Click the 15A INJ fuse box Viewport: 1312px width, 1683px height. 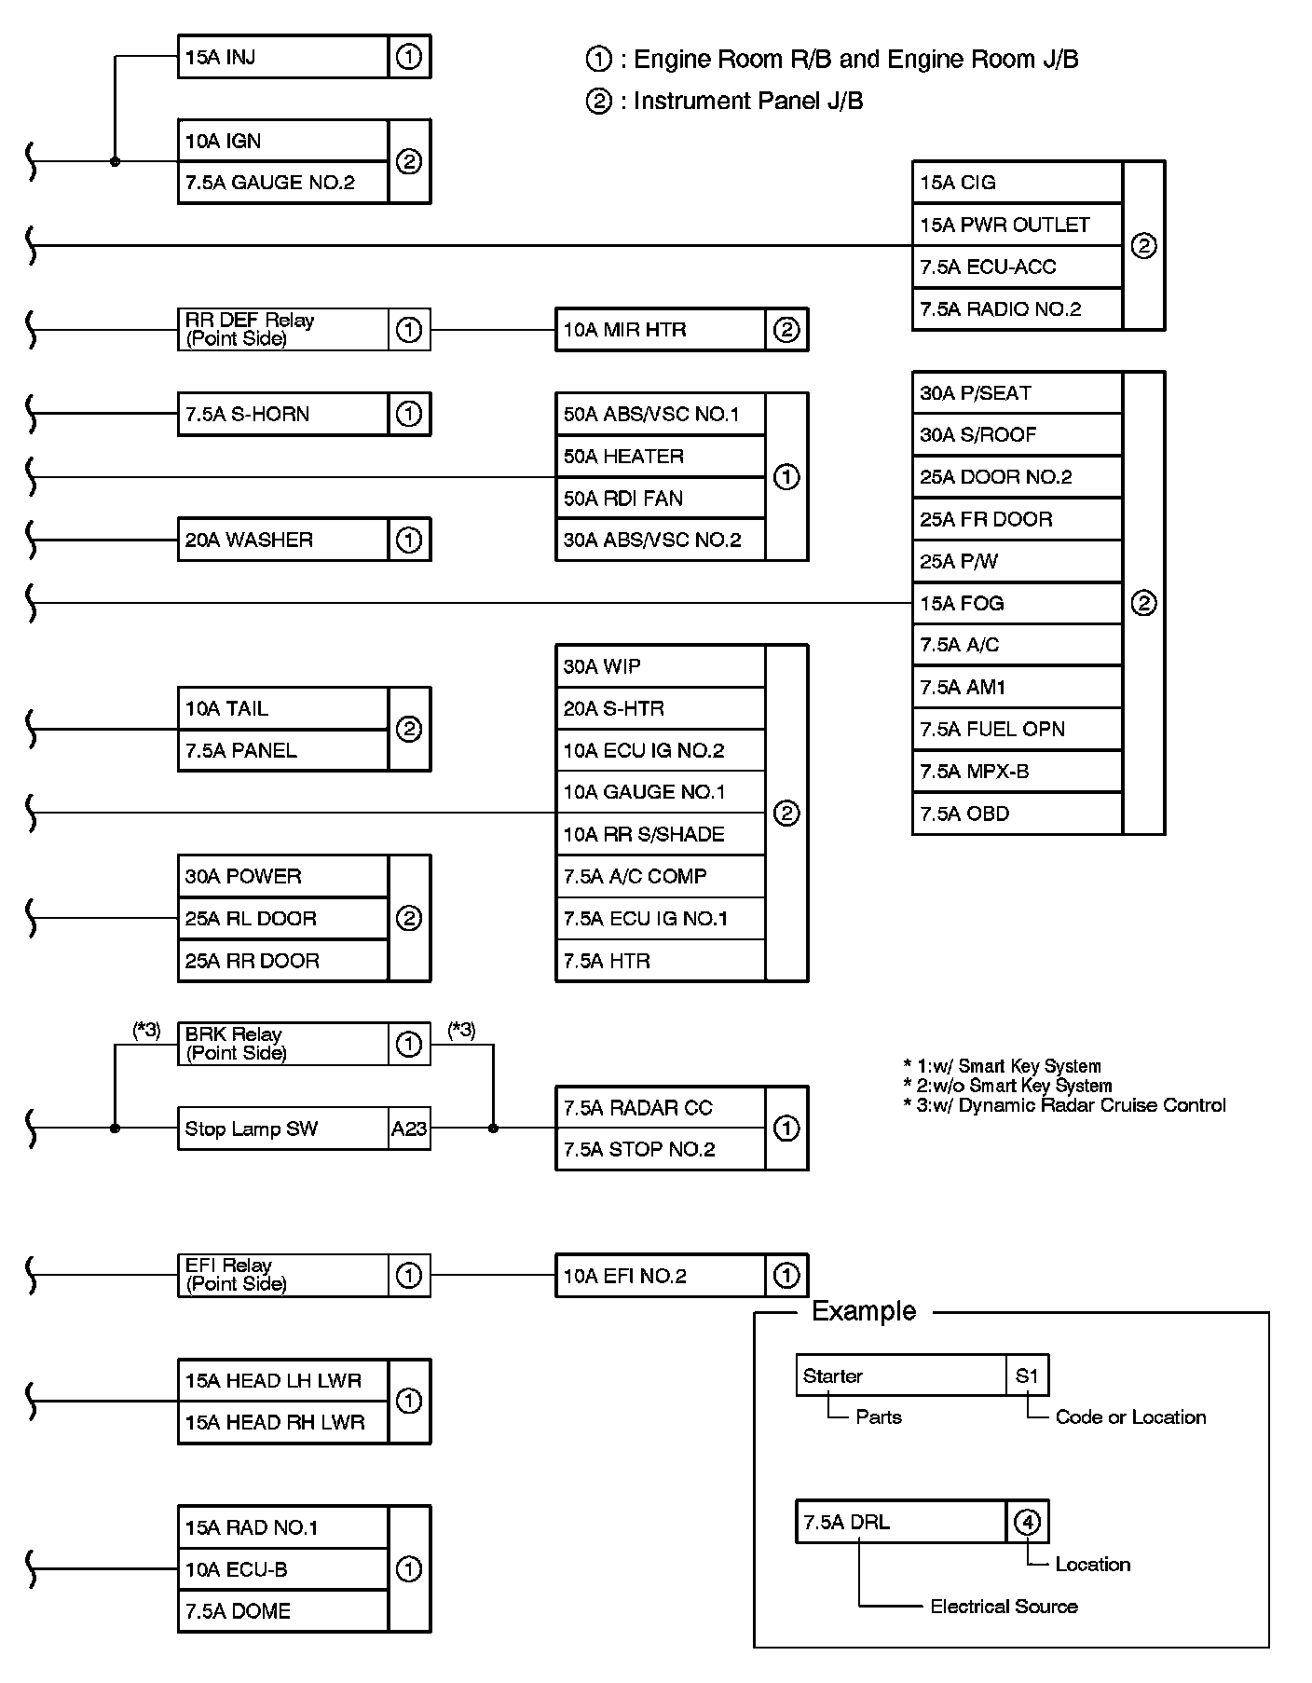pyautogui.click(x=283, y=57)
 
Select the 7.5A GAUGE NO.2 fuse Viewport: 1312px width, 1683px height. pyautogui.click(x=283, y=183)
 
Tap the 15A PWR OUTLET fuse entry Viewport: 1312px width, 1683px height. pyautogui.click(x=1017, y=225)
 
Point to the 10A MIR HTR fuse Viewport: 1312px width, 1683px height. pyautogui.click(x=660, y=330)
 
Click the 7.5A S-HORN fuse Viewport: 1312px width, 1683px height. pyautogui.click(x=283, y=414)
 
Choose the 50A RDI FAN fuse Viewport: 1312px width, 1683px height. pyautogui.click(x=660, y=499)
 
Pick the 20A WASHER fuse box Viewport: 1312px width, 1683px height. pyautogui.click(x=283, y=540)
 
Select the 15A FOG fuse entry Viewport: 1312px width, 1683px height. pyautogui.click(x=1017, y=603)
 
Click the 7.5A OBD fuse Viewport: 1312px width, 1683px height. pyautogui.click(x=1017, y=814)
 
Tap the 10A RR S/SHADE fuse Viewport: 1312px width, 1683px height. pyautogui.click(x=660, y=834)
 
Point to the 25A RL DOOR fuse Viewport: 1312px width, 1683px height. pyautogui.click(x=283, y=918)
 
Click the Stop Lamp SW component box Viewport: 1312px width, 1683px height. pyautogui.click(x=283, y=1129)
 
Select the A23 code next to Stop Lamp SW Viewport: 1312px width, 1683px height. pyautogui.click(x=409, y=1129)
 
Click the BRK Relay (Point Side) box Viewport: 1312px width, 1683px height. pyautogui.click(x=283, y=1044)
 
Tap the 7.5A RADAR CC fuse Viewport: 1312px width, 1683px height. pyautogui.click(x=660, y=1108)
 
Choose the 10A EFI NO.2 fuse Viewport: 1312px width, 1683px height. pyautogui.click(x=660, y=1276)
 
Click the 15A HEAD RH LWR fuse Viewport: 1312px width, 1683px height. pyautogui.click(x=283, y=1422)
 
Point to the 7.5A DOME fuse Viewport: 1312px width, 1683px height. pyautogui.click(x=283, y=1611)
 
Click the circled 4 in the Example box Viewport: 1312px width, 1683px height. pyautogui.click(x=1027, y=1522)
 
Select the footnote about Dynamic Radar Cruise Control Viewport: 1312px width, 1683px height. pyautogui.click(x=1064, y=1106)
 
